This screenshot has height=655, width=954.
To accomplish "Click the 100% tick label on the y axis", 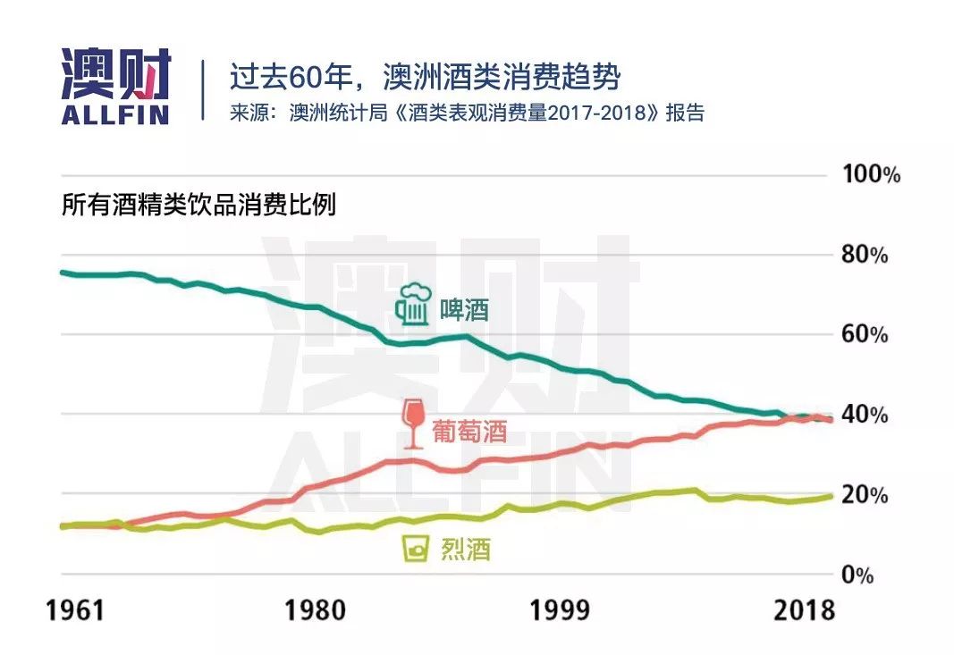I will click(x=872, y=174).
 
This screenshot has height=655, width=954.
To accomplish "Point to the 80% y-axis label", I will click(x=865, y=256).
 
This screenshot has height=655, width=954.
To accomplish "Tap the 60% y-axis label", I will click(x=865, y=335).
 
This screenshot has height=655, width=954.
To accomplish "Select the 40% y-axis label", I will click(x=865, y=416).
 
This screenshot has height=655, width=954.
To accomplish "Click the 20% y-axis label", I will click(x=865, y=495).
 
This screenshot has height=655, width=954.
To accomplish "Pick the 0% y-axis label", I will click(x=857, y=575).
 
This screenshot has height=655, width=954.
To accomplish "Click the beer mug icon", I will click(x=412, y=305).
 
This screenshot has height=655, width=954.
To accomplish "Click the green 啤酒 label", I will click(x=465, y=310).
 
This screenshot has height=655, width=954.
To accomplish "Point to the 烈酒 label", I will click(x=466, y=549).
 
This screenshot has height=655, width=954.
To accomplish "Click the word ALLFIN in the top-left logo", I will click(x=115, y=114).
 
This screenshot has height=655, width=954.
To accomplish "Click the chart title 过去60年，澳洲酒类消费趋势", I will click(x=425, y=77).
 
